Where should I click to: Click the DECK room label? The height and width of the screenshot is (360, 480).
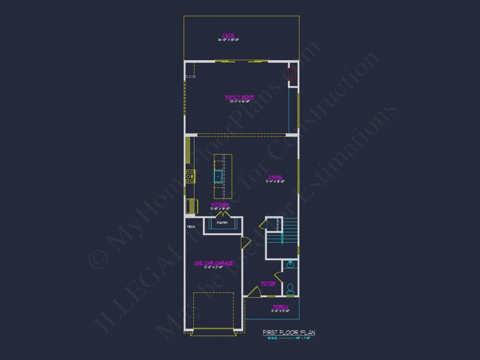[228, 35]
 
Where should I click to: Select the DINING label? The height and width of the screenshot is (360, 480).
[275, 177]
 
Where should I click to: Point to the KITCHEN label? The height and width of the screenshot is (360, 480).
[220, 204]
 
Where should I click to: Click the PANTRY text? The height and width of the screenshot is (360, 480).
[222, 223]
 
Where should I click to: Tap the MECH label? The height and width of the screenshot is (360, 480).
[191, 227]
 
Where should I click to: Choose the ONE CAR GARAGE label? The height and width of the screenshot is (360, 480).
[213, 263]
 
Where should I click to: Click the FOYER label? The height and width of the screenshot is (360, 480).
[268, 283]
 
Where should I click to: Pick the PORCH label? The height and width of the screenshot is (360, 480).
[280, 307]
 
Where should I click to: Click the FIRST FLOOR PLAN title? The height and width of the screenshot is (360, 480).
[288, 333]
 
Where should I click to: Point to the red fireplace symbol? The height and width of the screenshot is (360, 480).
[291, 74]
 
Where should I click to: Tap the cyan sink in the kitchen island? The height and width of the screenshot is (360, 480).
[218, 176]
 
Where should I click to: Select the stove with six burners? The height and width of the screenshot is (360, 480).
[190, 176]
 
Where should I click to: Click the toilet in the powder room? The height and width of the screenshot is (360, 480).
[290, 288]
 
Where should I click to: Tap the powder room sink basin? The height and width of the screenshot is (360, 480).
[290, 264]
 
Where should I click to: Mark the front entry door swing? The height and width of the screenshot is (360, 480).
[254, 292]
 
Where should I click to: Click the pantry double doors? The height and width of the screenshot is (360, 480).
[224, 215]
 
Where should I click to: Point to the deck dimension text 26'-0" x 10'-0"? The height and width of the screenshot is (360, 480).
[228, 40]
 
